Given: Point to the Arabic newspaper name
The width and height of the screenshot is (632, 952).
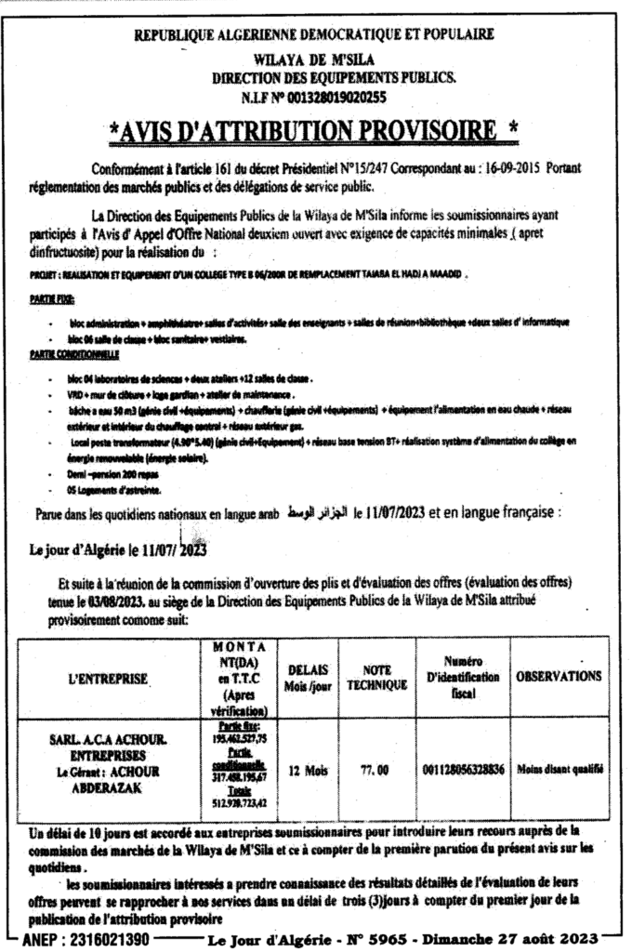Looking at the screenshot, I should point(319,512).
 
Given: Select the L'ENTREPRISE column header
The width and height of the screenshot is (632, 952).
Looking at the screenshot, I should point(109,679).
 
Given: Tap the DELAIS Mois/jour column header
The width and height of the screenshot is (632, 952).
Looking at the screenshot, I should point(306,677).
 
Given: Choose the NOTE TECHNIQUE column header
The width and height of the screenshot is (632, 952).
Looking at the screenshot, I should point(376,677).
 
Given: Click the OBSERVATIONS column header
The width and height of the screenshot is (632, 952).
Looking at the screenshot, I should point(559,677).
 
